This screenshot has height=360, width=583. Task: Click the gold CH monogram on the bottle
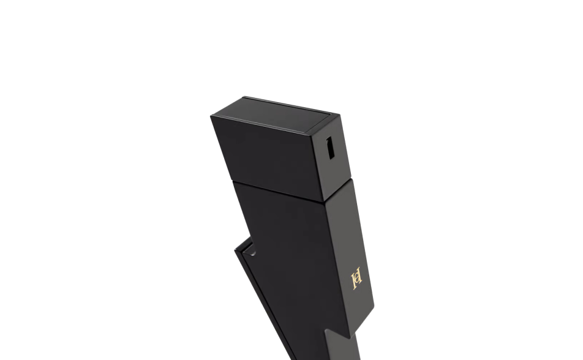[357, 278]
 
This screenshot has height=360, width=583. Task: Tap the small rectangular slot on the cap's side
[330, 148]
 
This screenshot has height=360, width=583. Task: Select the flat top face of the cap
[276, 114]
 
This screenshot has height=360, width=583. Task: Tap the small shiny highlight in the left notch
[252, 253]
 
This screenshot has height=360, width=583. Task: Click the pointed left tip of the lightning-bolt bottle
[235, 250]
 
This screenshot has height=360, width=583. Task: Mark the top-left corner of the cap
[211, 116]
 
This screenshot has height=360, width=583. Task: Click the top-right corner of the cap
[339, 114]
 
